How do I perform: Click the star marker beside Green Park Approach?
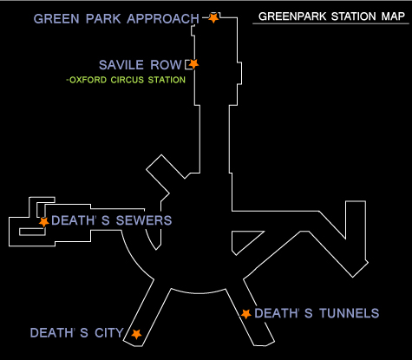(213, 18)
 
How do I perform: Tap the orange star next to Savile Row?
(193, 64)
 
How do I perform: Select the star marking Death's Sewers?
(44, 222)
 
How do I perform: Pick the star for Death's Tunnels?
(245, 314)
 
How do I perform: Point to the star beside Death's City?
(136, 334)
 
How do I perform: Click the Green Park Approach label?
(116, 19)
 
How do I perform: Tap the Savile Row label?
(141, 65)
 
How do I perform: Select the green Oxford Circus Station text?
(126, 80)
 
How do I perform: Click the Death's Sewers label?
(112, 220)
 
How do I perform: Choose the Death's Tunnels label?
(317, 313)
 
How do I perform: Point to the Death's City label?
(77, 333)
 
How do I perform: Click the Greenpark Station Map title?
(331, 16)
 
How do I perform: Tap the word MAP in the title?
(393, 16)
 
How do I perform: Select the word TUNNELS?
(350, 313)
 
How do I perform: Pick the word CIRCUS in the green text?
(128, 80)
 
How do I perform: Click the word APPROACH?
(163, 19)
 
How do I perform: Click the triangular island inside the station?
(243, 239)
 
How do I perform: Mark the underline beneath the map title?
(330, 23)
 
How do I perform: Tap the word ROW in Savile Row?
(166, 65)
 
